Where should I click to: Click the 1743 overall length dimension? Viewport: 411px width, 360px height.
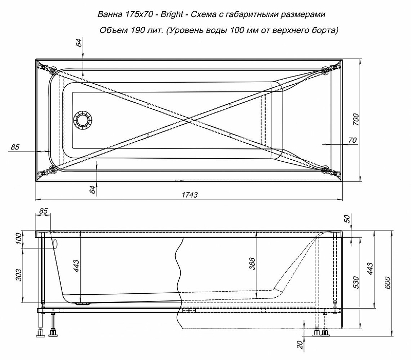click(x=189, y=195)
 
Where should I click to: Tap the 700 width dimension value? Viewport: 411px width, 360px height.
click(x=356, y=119)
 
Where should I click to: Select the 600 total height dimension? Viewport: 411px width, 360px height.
click(x=388, y=282)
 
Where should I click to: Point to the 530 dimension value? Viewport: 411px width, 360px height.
click(x=356, y=282)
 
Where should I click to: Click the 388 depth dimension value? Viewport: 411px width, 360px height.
click(x=252, y=264)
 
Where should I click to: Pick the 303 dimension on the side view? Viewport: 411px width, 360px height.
click(x=19, y=275)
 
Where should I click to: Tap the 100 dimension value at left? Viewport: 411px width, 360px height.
click(x=19, y=238)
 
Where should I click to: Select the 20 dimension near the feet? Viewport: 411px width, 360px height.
click(x=301, y=344)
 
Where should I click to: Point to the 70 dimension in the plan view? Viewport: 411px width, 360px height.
click(x=352, y=140)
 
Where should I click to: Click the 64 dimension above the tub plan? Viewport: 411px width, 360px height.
click(x=79, y=42)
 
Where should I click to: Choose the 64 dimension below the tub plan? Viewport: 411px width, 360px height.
click(x=92, y=189)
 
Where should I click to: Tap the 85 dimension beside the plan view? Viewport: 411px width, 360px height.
click(x=15, y=147)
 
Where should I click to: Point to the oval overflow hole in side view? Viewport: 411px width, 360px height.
click(x=55, y=243)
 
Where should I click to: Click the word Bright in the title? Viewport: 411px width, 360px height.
click(x=172, y=14)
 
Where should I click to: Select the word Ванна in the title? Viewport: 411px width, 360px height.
click(x=110, y=14)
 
